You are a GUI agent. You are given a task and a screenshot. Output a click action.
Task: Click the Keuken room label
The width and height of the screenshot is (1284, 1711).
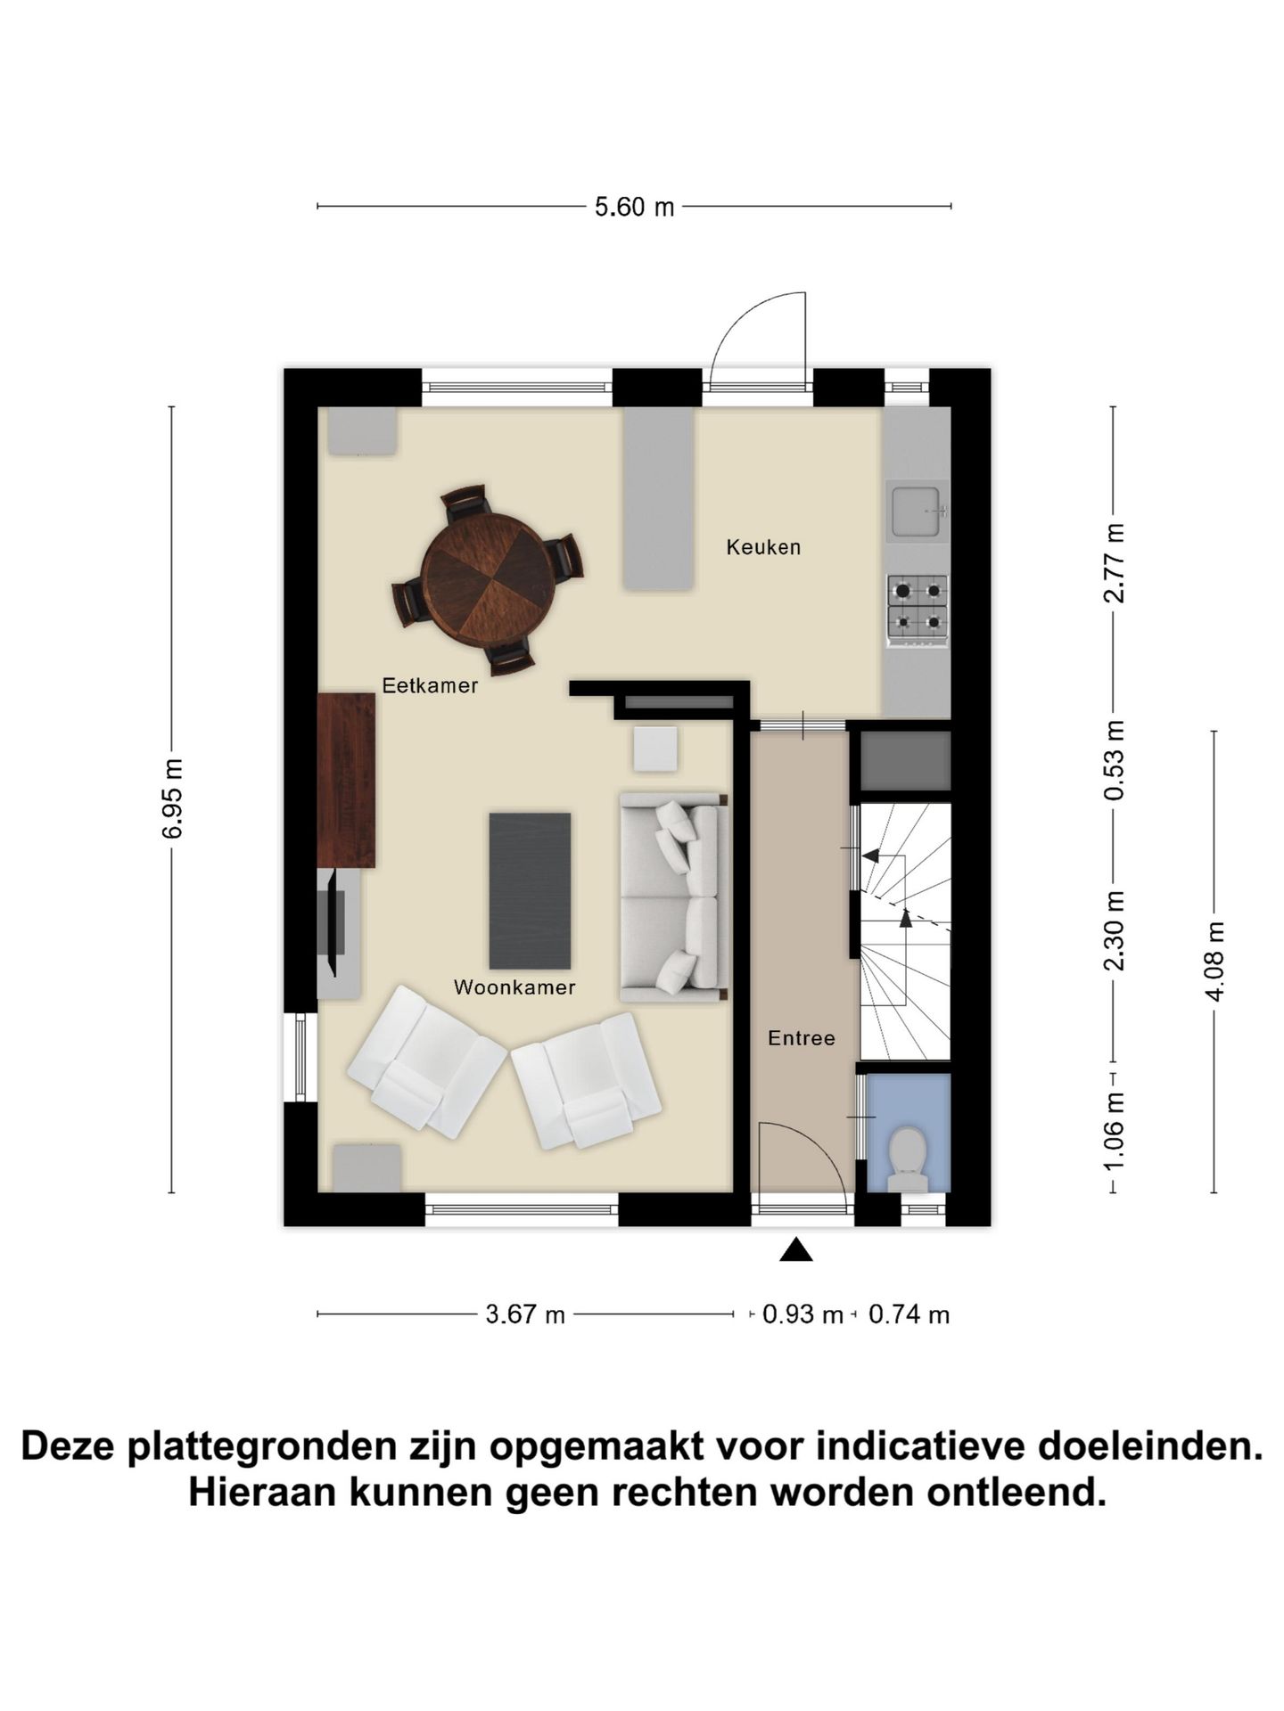[763, 547]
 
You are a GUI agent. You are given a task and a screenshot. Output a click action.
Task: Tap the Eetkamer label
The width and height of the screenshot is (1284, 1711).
[430, 685]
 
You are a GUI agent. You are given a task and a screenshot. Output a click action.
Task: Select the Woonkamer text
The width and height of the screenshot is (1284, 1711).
[514, 987]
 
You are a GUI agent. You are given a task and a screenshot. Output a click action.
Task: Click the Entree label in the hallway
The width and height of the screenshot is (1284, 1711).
[802, 1038]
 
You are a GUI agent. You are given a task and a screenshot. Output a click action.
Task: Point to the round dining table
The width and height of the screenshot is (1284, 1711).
[487, 578]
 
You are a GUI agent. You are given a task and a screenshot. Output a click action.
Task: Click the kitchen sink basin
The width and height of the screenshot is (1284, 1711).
[916, 511]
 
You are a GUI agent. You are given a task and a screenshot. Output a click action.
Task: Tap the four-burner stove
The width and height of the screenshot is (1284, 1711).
[917, 604]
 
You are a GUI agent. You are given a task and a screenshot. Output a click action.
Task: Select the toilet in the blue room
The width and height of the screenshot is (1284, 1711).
[909, 1159]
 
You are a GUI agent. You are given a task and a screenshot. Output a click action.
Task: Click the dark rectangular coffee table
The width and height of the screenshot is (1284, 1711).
[531, 890]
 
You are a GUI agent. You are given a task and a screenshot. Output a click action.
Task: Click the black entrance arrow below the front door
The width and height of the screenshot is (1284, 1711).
[796, 1250]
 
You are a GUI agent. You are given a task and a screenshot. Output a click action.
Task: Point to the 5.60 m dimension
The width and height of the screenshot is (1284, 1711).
[634, 208]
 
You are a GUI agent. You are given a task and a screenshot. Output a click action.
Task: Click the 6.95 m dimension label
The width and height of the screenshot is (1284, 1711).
[172, 798]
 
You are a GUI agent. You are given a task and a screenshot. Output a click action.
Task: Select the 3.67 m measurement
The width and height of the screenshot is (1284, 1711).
[525, 1314]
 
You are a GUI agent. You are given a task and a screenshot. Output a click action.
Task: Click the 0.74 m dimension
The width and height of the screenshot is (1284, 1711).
[909, 1314]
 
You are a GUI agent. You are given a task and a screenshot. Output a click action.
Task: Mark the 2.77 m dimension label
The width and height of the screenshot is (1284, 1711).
[1114, 563]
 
